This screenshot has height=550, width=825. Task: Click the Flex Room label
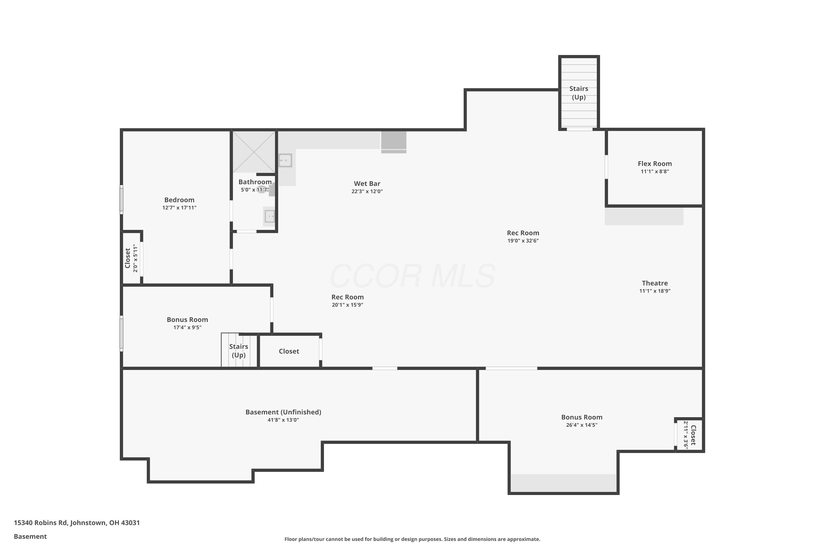[654, 163]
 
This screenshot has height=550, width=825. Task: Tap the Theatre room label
[654, 283]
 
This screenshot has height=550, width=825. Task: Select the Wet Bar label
[367, 183]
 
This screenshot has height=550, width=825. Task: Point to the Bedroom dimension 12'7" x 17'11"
[179, 208]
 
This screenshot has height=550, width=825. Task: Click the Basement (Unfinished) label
[283, 412]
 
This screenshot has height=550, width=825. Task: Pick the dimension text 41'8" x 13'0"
[283, 420]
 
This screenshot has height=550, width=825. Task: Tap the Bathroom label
[255, 182]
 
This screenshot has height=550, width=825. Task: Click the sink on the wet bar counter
[285, 161]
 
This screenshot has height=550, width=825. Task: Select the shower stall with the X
[254, 152]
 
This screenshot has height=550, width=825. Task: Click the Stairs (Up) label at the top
[579, 93]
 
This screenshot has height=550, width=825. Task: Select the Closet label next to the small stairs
[289, 351]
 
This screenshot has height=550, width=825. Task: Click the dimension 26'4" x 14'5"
[582, 425]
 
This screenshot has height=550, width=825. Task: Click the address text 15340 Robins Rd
[40, 523]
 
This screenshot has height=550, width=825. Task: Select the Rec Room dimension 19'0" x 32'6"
[523, 241]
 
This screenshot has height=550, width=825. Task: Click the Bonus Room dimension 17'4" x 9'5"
[187, 328]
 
